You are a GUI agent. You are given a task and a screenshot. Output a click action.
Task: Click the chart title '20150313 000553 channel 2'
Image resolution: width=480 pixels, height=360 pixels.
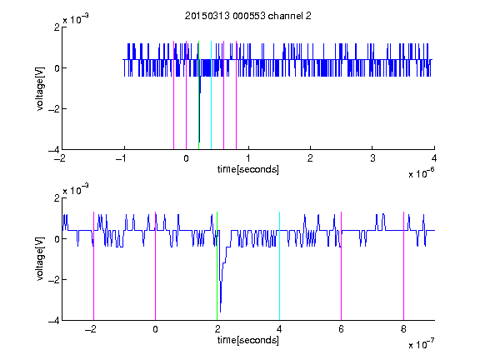coord(248,16)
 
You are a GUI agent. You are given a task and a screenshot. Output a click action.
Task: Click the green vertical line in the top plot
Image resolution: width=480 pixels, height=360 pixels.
coord(198,95)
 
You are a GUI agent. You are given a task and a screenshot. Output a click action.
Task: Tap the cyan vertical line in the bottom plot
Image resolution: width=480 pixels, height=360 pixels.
coord(279,266)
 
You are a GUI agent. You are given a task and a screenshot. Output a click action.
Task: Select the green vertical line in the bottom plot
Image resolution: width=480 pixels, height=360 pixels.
coord(217,266)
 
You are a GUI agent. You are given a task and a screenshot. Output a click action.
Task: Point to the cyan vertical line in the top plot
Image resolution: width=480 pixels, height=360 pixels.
coord(211,95)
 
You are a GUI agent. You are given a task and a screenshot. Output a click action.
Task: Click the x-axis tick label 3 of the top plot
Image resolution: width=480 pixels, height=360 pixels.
coord(372,158)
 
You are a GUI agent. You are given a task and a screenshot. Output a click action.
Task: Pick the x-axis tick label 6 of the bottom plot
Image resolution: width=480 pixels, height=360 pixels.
coord(342,329)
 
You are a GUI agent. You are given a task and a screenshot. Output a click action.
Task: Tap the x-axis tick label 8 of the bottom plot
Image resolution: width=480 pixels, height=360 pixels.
coord(403,329)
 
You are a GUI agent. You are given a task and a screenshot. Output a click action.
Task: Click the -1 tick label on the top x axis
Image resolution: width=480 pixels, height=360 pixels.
coord(122,158)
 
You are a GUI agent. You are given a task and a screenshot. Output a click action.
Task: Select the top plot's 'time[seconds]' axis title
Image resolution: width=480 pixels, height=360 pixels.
coord(248,169)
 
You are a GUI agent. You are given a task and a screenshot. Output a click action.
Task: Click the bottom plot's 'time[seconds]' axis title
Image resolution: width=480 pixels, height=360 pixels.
coord(248,340)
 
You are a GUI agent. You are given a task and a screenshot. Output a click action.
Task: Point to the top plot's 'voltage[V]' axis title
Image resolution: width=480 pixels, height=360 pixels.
coord(40,89)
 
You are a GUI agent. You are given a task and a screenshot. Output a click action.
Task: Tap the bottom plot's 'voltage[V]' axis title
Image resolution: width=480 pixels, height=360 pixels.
coord(40,259)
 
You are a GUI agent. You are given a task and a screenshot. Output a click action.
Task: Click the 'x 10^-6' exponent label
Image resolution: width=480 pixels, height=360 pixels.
coord(422,173)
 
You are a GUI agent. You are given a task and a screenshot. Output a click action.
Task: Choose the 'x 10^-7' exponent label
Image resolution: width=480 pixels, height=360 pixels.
coord(422,344)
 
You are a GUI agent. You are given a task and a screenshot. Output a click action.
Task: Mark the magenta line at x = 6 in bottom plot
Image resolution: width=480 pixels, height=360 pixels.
coord(342,266)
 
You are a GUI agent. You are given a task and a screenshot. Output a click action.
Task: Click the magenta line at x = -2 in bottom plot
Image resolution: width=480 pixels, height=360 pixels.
coord(93,266)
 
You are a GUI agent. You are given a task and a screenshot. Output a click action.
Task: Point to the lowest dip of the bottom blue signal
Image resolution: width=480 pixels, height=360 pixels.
coord(220,312)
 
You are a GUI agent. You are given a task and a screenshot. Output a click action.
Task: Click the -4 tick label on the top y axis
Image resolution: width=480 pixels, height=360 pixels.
coord(54,150)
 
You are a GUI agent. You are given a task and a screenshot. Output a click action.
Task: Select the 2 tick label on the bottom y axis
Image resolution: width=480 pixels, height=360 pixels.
coord(57,198)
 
